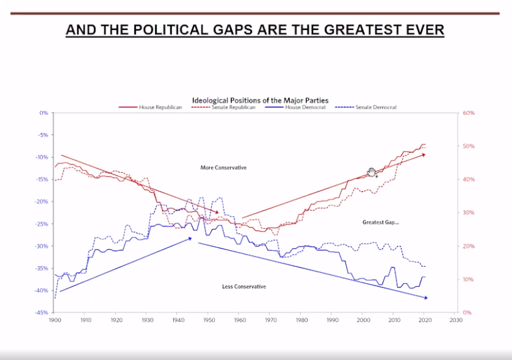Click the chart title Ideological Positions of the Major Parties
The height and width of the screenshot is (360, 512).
[x=261, y=100]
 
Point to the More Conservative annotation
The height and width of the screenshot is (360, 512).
[x=223, y=168]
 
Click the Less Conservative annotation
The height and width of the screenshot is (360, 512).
[x=244, y=287]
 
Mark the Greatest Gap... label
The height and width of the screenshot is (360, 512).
[x=380, y=223]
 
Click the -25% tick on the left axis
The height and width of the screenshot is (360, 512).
[x=42, y=224]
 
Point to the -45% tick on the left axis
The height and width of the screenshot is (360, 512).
[x=42, y=312]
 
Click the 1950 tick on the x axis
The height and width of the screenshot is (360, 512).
[x=208, y=319]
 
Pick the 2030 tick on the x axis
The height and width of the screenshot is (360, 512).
[x=454, y=319]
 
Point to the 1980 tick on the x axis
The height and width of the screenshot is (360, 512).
[x=300, y=319]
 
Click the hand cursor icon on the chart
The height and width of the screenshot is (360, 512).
[x=370, y=173]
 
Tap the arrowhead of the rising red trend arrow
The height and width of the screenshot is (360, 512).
[x=424, y=155]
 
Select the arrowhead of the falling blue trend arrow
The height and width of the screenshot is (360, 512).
[x=425, y=298]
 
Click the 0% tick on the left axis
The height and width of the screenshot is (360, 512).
[x=44, y=113]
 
